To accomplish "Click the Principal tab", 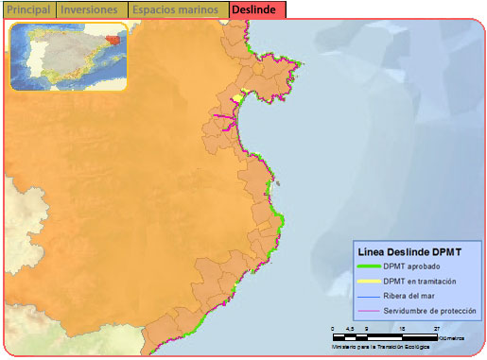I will point(28,9).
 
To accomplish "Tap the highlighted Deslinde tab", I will point(256,9).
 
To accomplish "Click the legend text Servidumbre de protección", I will point(430,310).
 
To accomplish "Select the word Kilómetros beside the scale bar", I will point(451,337).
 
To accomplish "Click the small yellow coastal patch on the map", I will point(243,92).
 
